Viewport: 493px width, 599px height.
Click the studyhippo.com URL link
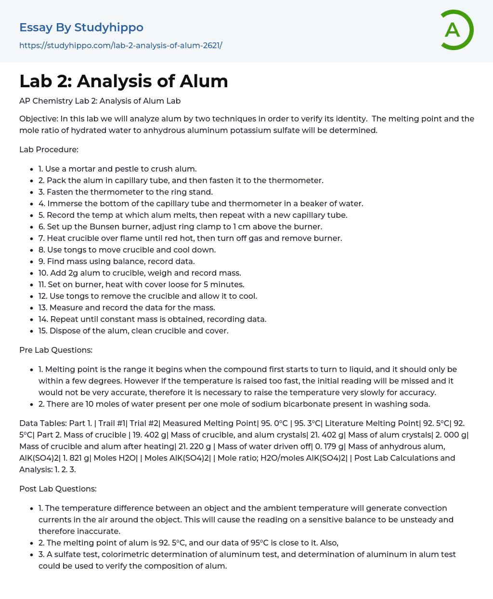point(120,46)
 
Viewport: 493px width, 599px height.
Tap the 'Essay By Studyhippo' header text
point(81,27)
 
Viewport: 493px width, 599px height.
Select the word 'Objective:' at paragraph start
point(39,119)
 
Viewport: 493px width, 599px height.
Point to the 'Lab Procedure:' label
point(49,149)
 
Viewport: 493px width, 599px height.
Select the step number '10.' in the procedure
point(43,273)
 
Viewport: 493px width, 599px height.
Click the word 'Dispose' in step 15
point(64,331)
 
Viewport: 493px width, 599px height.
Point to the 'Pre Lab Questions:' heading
point(56,350)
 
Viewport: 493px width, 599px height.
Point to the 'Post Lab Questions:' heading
point(58,489)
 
